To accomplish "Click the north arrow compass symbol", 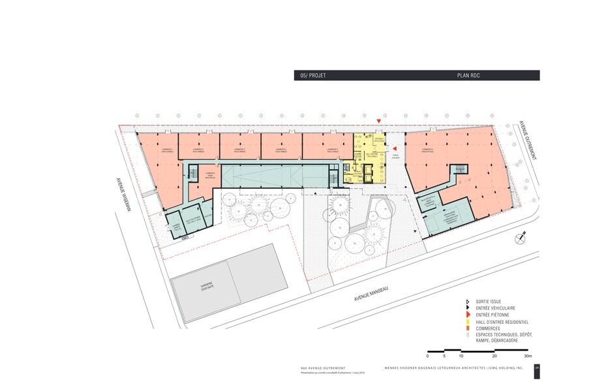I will pos(520,238).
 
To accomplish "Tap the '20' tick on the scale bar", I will pos(494,356).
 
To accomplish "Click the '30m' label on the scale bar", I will pos(526,356).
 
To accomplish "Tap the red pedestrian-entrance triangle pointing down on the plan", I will pos(379,121).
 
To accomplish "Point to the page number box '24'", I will pos(536,368).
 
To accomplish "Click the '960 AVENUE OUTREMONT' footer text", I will pos(317,368).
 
